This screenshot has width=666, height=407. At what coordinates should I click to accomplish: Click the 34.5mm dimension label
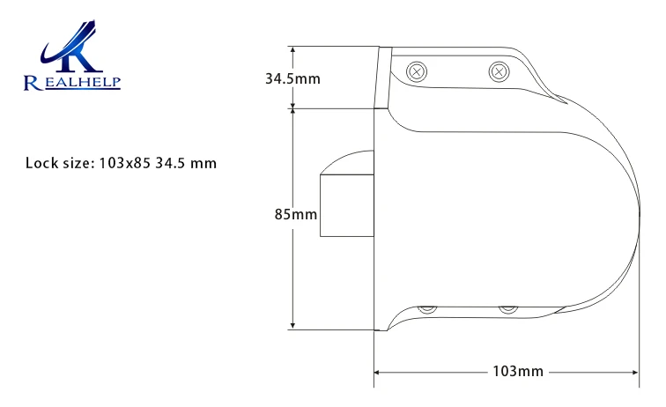[x=292, y=78]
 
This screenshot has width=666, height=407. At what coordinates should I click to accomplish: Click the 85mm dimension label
[x=296, y=214]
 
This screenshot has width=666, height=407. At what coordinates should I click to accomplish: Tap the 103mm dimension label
[x=518, y=371]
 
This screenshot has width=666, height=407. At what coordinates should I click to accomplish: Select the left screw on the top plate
[x=417, y=71]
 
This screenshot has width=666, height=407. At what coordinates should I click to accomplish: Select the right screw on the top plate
[x=499, y=71]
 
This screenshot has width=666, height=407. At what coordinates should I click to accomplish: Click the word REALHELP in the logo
[x=72, y=83]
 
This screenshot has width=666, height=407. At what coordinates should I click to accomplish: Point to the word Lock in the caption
[x=41, y=163]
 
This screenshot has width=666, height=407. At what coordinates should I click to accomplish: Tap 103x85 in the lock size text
[x=125, y=163]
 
